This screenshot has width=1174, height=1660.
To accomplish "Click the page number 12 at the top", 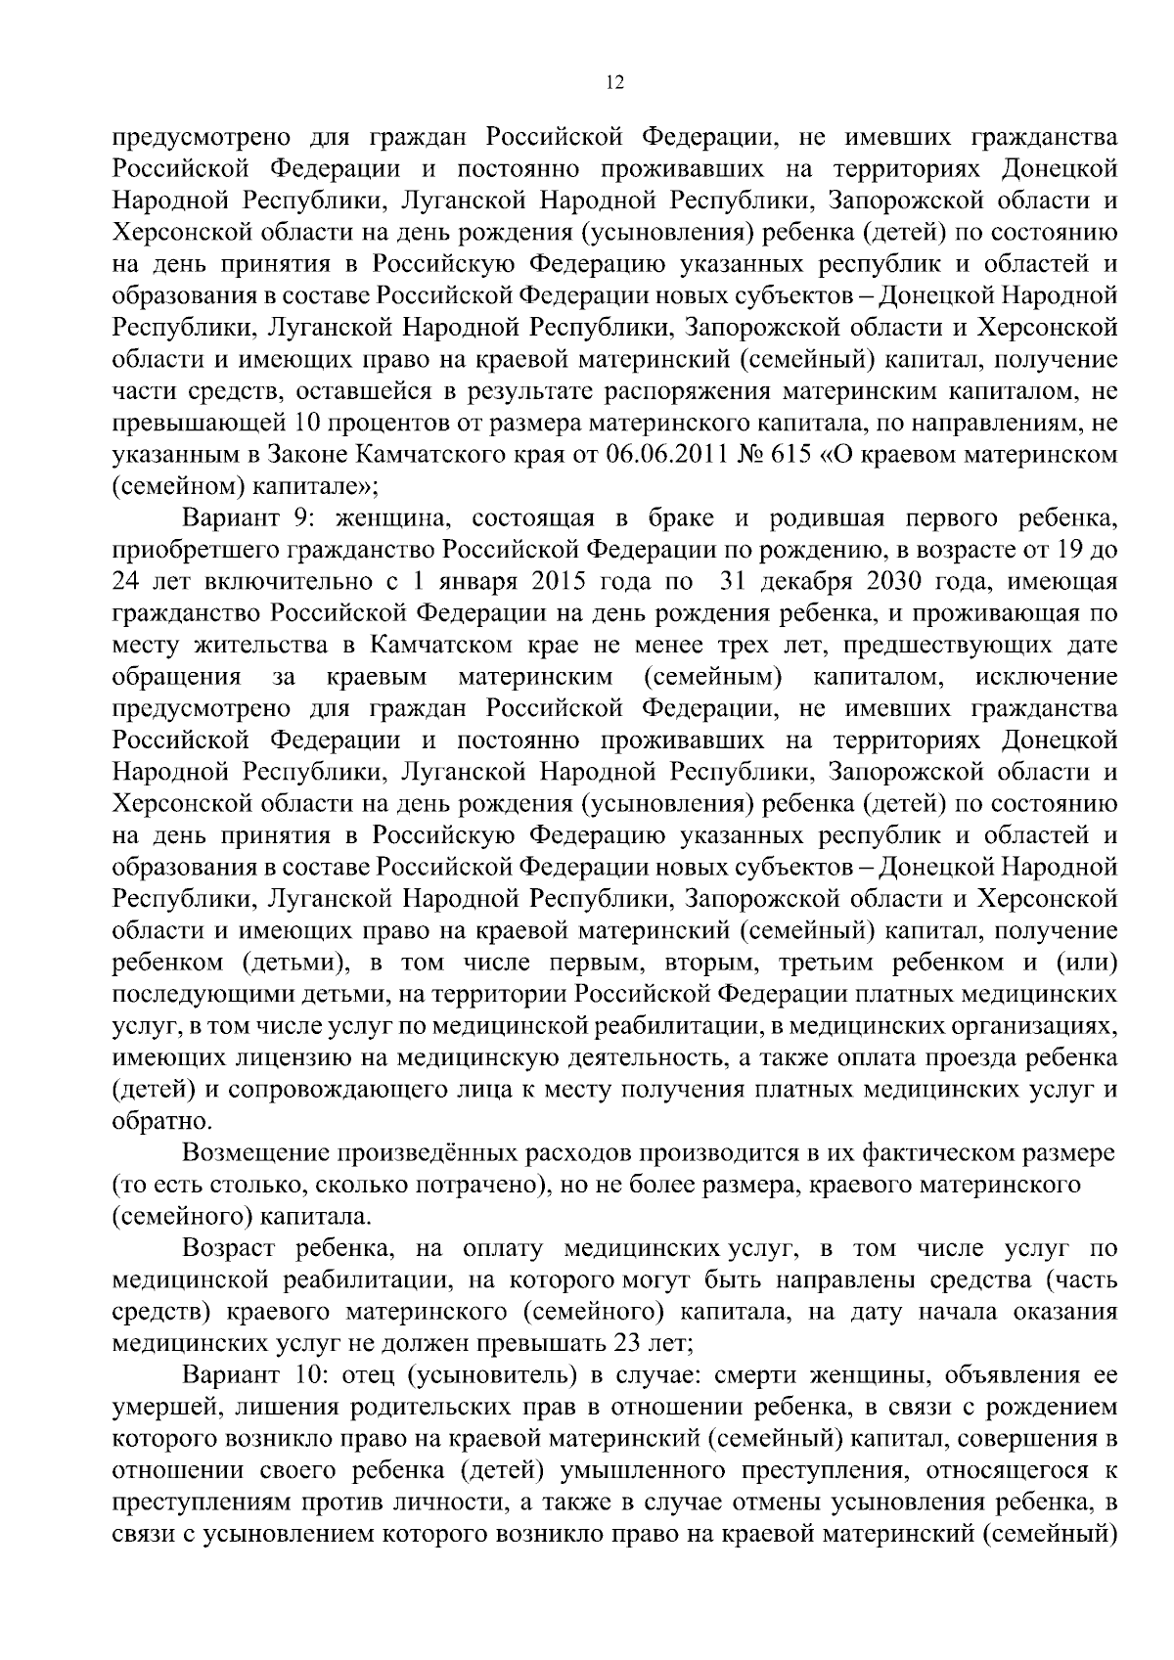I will tap(614, 83).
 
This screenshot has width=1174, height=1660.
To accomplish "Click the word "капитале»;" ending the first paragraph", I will tap(317, 486).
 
